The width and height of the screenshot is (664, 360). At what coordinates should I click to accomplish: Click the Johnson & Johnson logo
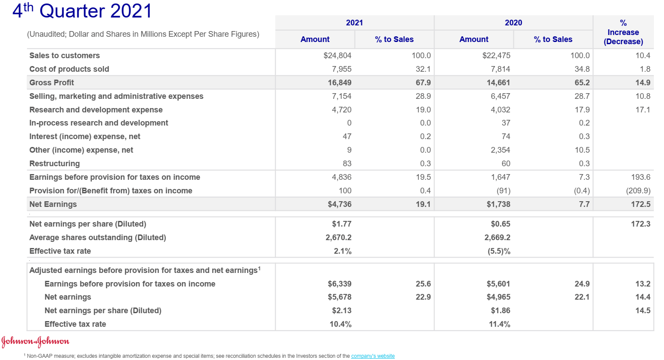point(35,341)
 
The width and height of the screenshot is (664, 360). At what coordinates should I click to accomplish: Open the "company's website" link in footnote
point(372,356)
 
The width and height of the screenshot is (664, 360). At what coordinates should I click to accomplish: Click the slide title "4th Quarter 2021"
point(82,11)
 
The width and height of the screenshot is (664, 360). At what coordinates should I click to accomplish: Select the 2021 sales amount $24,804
point(337,56)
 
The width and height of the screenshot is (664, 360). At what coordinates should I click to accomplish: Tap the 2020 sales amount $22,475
point(496,56)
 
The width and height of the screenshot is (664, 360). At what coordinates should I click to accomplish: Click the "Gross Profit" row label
point(52,83)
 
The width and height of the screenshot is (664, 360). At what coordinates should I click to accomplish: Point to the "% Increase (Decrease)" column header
point(623,32)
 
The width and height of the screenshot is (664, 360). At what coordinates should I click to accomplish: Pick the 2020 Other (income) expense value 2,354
point(500,150)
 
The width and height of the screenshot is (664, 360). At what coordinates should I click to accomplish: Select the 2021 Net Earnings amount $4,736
point(339,204)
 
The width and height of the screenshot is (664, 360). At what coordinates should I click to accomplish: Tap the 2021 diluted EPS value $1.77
point(341,224)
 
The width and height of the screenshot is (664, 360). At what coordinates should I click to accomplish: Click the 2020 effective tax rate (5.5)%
point(499,251)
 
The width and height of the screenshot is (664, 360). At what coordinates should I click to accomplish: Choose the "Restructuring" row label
point(55,164)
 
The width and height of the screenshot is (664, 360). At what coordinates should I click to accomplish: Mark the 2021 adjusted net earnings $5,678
point(339,297)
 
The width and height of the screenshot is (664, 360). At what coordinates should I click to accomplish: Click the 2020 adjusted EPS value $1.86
point(500,311)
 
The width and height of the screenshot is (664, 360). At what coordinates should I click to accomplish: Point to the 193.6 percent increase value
point(640,177)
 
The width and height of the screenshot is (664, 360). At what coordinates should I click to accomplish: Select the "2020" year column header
point(513,23)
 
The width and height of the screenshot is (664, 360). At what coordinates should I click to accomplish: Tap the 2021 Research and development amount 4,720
point(341,110)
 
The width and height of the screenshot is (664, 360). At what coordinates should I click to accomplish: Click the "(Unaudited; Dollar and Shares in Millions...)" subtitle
point(143,34)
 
